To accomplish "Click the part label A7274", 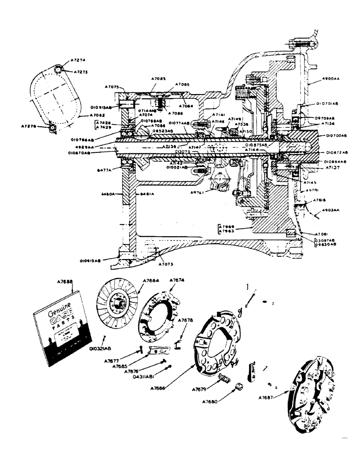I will (79, 61).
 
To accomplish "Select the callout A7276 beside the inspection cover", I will (30, 125).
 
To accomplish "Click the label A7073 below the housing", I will (166, 264).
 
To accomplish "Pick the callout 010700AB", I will (337, 136).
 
